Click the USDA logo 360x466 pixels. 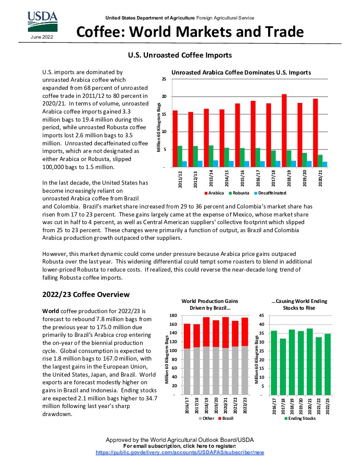coord(42,21)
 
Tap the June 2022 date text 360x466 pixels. coord(42,37)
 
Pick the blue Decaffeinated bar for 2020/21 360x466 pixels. coord(325,164)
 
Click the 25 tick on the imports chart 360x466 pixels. coord(163,80)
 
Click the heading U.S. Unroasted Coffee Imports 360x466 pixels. coord(180,55)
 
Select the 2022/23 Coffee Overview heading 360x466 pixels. coord(86,294)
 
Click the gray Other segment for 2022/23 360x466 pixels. coord(245,370)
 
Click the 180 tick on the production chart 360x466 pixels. coord(172,316)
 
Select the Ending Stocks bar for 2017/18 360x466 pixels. coord(283,366)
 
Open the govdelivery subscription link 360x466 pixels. coord(180,452)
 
